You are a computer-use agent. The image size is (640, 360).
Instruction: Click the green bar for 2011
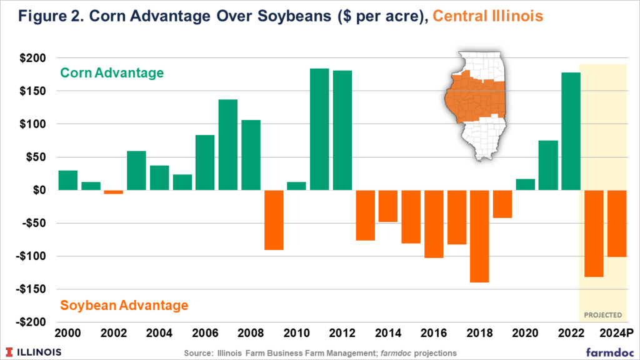[x=319, y=129]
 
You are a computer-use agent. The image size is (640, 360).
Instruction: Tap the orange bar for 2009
[x=274, y=220]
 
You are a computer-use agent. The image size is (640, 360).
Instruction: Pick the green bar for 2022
[x=571, y=131]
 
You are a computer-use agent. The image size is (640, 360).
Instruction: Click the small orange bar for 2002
[x=114, y=192]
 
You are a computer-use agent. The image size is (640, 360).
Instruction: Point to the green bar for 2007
[x=228, y=144]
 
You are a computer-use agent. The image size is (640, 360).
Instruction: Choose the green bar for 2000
[x=68, y=180]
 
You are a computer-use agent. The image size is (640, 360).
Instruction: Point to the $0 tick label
[x=41, y=190]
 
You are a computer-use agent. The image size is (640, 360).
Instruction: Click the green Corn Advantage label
[x=112, y=73]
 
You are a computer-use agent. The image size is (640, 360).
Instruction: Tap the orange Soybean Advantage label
[x=124, y=306]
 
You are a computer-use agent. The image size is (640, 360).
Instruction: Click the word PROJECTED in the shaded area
[x=603, y=315]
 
